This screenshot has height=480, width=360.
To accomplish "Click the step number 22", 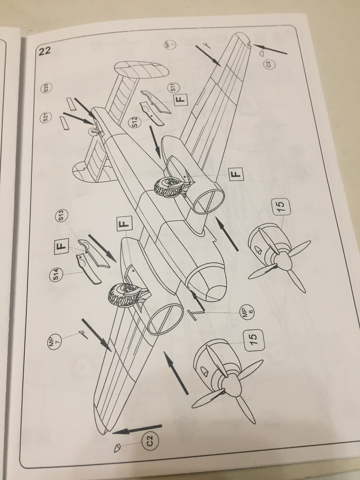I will [45, 51].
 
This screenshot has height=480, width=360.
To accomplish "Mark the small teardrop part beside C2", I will [118, 448].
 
